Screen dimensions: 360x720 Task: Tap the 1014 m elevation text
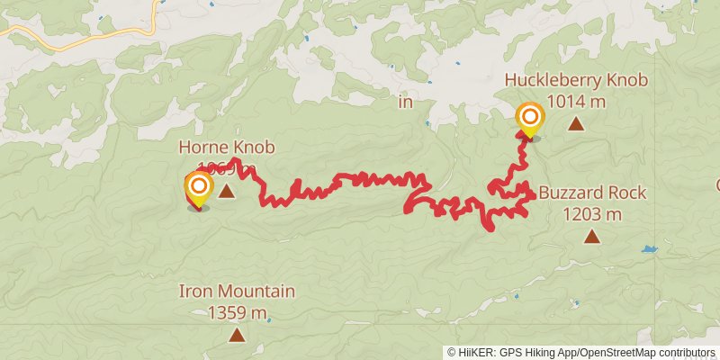click(576, 101)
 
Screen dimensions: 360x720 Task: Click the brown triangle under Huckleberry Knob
click(576, 126)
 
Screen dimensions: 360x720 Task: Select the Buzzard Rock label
click(592, 193)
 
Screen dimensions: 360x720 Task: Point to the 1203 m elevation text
click(592, 214)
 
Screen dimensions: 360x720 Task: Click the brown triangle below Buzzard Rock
click(591, 237)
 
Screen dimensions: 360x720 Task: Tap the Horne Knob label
click(226, 148)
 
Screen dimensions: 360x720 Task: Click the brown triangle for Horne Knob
click(227, 191)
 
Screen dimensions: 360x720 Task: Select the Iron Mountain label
click(237, 292)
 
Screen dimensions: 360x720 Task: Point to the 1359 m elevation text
click(237, 313)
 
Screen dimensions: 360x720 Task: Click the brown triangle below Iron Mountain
click(236, 336)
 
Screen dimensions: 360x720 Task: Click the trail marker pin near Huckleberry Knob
click(530, 120)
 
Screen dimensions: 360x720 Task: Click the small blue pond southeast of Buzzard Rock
click(648, 248)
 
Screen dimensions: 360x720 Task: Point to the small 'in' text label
click(405, 103)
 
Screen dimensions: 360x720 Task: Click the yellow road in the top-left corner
click(54, 39)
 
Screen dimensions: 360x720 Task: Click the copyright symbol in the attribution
click(452, 353)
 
